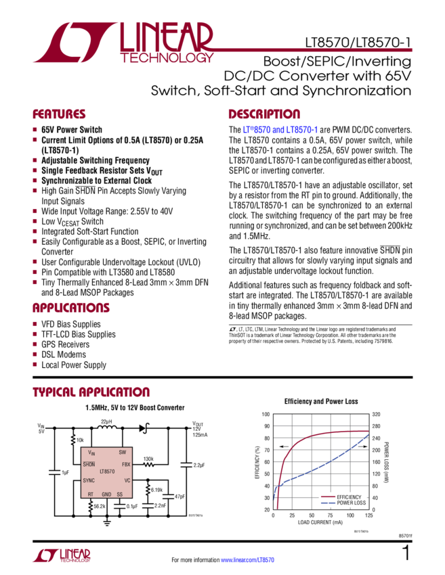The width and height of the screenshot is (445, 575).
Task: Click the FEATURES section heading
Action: tap(60, 114)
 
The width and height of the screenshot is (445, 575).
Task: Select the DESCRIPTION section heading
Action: tap(263, 114)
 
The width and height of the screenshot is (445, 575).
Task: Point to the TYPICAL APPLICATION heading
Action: tap(91, 393)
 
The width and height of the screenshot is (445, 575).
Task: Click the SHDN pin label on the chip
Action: tap(89, 465)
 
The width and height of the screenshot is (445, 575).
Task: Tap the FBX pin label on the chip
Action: tap(125, 465)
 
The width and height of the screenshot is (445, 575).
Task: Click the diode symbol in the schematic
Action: tap(144, 427)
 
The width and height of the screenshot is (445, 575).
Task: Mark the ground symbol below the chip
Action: tap(106, 521)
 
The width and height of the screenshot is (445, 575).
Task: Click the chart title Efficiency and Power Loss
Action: tap(322, 401)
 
